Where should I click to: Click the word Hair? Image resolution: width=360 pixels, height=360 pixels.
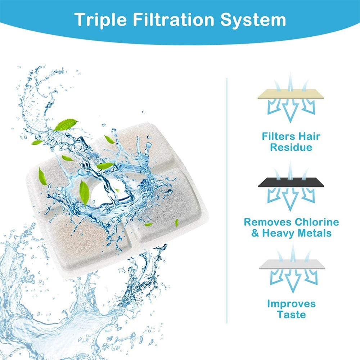(310, 136)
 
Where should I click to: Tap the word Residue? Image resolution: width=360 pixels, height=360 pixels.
(291, 147)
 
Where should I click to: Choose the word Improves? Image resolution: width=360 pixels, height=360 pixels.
(291, 303)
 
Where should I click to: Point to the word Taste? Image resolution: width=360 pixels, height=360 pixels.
(291, 315)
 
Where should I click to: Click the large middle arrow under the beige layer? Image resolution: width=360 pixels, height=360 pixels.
(290, 108)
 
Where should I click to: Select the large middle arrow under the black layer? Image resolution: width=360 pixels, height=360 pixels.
(290, 196)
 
